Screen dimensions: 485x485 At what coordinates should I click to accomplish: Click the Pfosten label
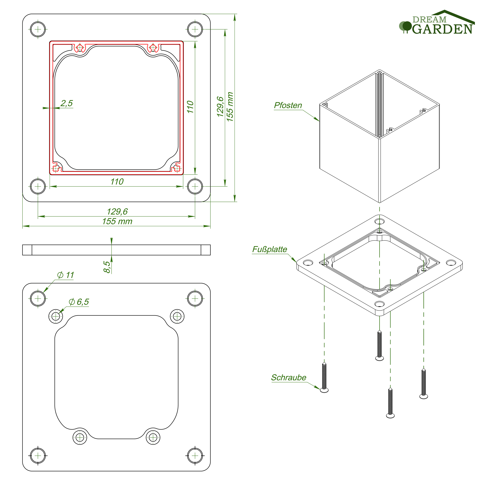coord(288,105)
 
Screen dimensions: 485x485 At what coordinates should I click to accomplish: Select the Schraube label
coord(289,378)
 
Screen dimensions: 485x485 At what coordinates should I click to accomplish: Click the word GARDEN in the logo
coord(442,29)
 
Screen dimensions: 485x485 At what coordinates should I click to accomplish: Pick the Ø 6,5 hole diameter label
coord(79,302)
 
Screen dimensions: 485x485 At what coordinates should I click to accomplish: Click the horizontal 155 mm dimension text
coord(117,221)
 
